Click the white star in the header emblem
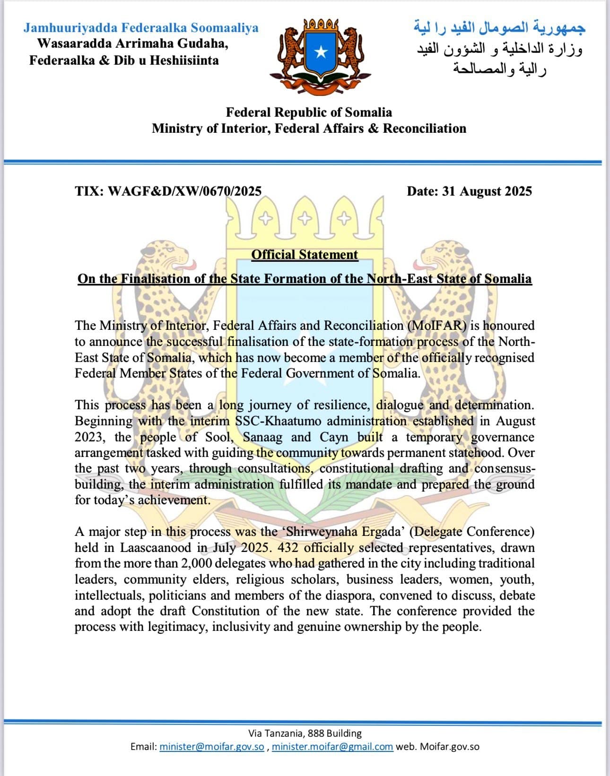pyautogui.click(x=321, y=52)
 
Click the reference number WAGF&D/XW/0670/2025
pyautogui.click(x=185, y=191)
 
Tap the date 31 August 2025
pyautogui.click(x=487, y=191)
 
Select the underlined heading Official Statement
pyautogui.click(x=305, y=255)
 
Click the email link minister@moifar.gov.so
pyautogui.click(x=212, y=747)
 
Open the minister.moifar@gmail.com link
pyautogui.click(x=332, y=747)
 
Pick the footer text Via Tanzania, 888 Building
pyautogui.click(x=305, y=733)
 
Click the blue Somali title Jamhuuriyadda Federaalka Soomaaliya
pyautogui.click(x=141, y=28)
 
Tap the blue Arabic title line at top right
pyautogui.click(x=499, y=28)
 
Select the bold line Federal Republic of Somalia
pyautogui.click(x=309, y=112)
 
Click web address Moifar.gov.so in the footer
pyautogui.click(x=450, y=747)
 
